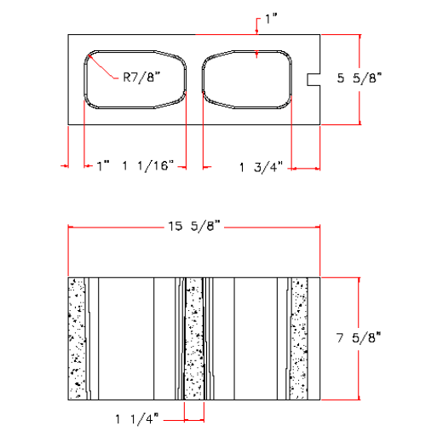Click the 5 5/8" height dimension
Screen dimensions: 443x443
coord(365,78)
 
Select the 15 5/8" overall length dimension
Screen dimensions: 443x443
coord(194,227)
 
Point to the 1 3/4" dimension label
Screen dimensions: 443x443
coord(261,168)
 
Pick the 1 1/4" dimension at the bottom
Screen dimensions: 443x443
coord(136,417)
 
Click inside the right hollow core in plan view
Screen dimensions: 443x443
coord(247,82)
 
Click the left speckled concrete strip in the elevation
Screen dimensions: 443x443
coord(78,337)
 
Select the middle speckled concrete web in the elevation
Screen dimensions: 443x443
coord(194,337)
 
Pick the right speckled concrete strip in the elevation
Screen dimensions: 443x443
coord(299,337)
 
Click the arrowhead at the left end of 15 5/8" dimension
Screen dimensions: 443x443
coord(72,227)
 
